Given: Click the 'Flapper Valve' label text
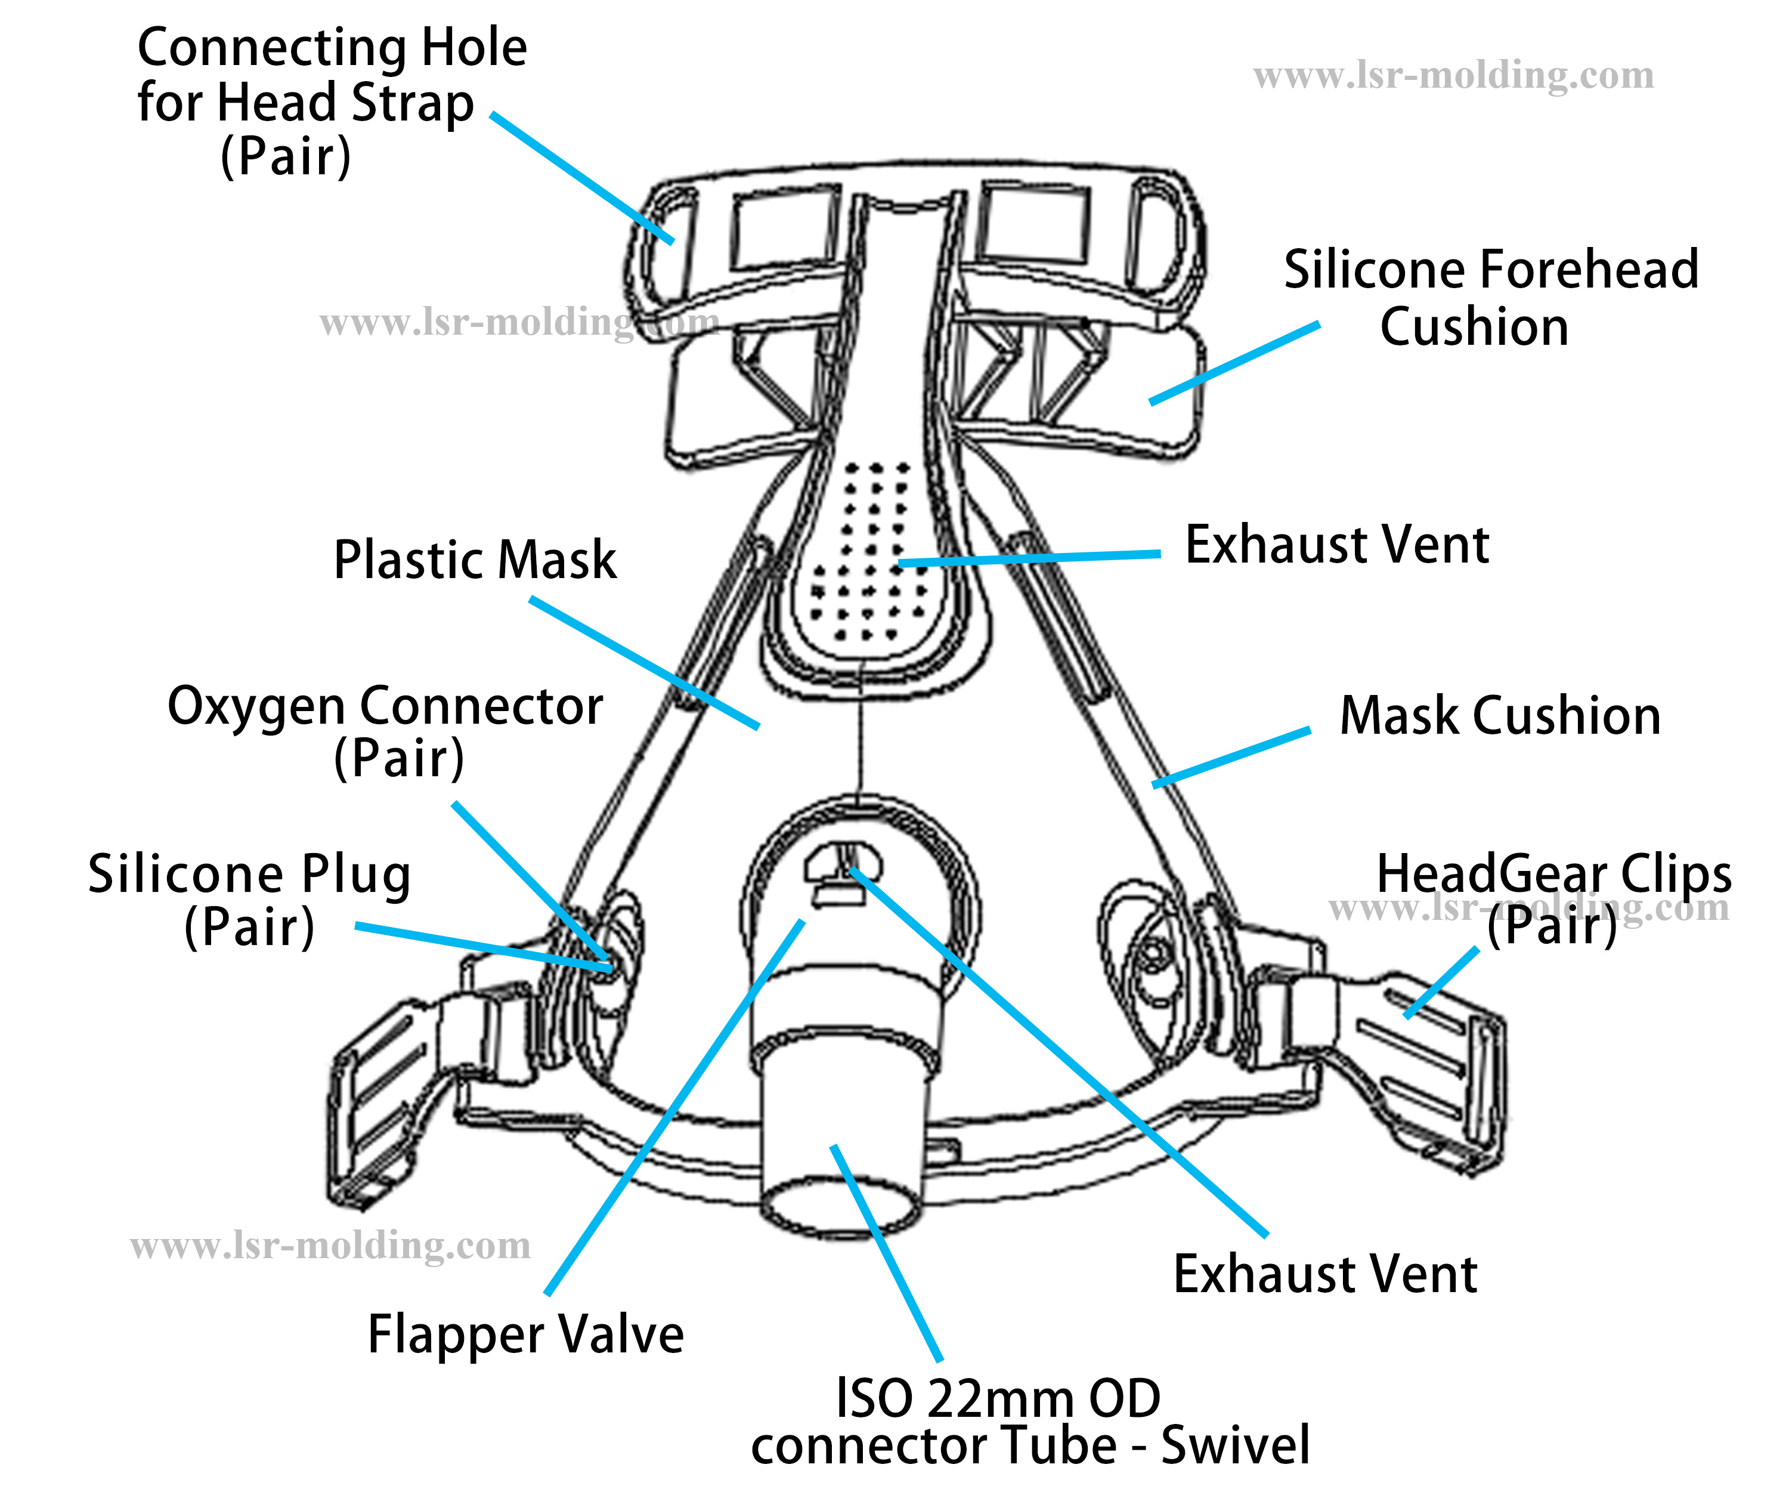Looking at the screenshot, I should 525,1334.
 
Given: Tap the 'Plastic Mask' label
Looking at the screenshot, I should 475,560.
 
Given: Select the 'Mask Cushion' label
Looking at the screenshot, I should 1499,715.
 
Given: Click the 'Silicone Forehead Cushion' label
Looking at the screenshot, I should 1491,298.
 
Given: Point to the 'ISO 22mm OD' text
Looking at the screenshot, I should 998,1399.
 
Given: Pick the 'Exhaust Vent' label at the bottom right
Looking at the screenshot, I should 1324,1274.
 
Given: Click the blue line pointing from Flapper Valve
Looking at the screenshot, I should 673,1108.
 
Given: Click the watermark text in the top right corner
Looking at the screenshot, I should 1453,75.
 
